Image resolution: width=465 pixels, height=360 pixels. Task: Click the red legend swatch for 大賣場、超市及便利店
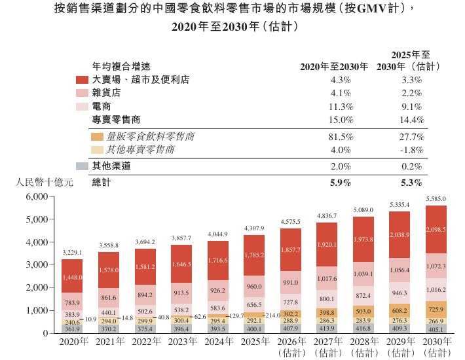[82, 79]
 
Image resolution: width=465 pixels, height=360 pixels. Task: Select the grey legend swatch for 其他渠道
[82, 166]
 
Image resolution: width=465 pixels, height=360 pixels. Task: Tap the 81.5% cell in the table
[343, 137]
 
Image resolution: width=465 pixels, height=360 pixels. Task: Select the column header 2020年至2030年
[334, 66]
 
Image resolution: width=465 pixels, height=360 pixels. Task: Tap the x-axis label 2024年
[218, 342]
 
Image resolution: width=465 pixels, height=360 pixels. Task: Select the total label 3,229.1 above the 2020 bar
[72, 252]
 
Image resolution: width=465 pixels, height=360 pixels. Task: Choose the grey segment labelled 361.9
[72, 329]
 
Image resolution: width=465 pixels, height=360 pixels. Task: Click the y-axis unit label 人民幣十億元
[41, 183]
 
